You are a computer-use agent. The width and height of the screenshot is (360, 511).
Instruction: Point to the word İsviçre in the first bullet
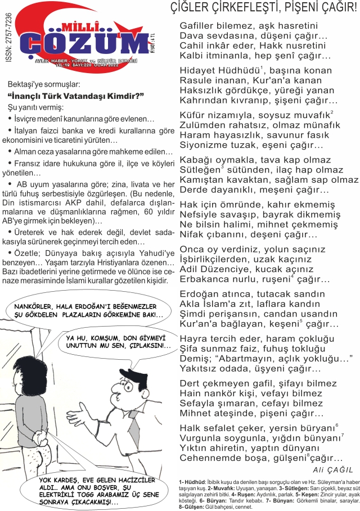[x=29, y=120]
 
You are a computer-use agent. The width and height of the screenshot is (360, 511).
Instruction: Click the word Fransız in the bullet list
[x=30, y=164]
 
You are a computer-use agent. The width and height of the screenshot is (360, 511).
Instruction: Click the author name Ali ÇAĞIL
[x=332, y=469]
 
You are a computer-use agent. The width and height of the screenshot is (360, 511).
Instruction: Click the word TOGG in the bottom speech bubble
[x=83, y=495]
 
